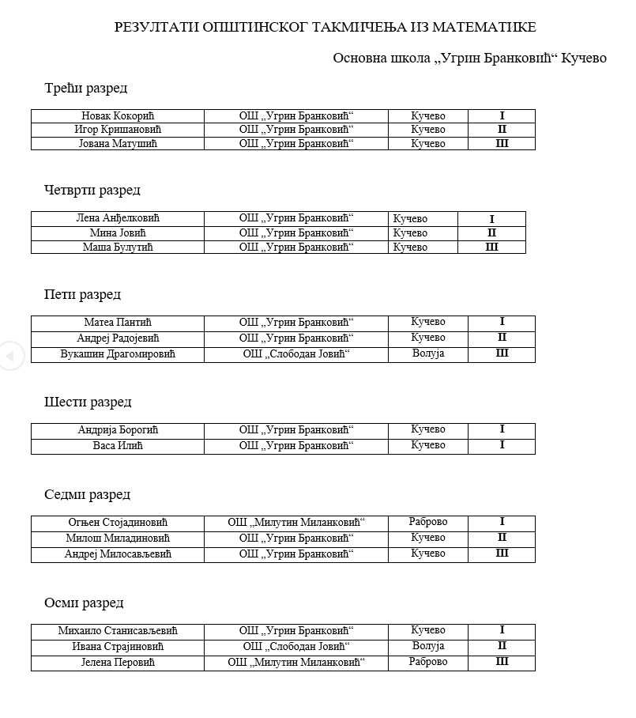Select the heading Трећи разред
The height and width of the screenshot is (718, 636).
click(x=85, y=89)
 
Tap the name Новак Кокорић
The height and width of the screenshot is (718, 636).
click(x=118, y=116)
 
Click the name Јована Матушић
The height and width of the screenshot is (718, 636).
click(x=118, y=144)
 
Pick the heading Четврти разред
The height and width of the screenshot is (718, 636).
click(x=92, y=190)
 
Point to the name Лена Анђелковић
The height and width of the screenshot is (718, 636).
click(x=118, y=219)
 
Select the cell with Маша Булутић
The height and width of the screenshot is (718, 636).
click(x=118, y=248)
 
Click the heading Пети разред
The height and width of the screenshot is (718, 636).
click(x=83, y=294)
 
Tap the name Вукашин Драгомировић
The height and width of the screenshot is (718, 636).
click(x=118, y=354)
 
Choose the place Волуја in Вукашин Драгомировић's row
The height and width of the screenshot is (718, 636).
click(x=428, y=353)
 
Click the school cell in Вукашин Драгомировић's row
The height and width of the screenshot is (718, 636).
click(x=296, y=354)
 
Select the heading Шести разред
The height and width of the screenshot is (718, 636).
click(x=88, y=402)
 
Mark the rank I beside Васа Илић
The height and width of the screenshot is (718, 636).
click(x=502, y=445)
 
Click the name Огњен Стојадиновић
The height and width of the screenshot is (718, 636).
click(x=118, y=523)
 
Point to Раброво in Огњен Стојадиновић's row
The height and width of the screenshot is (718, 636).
click(x=428, y=522)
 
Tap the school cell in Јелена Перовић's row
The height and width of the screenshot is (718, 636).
click(x=296, y=663)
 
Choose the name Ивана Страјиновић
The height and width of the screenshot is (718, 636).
click(x=118, y=647)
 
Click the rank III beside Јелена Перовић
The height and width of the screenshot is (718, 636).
click(x=502, y=662)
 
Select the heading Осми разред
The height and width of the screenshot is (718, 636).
click(x=84, y=603)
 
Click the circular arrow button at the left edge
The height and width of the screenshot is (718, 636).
click(x=10, y=356)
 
